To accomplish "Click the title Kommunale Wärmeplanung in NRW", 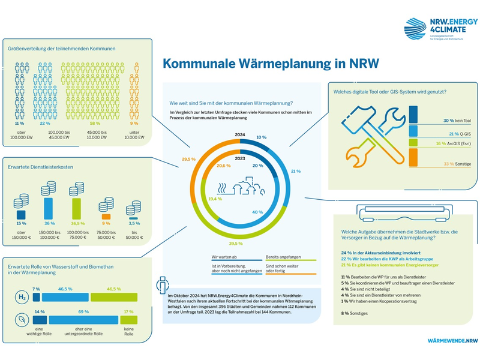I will pyautogui.click(x=271, y=64).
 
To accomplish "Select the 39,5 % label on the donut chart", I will pyautogui.click(x=235, y=244).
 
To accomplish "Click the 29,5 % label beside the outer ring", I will pyautogui.click(x=172, y=160).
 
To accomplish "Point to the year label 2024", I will pyautogui.click(x=240, y=136).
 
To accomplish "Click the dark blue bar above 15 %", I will pyautogui.click(x=20, y=214).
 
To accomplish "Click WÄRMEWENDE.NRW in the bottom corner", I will pyautogui.click(x=449, y=340).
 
